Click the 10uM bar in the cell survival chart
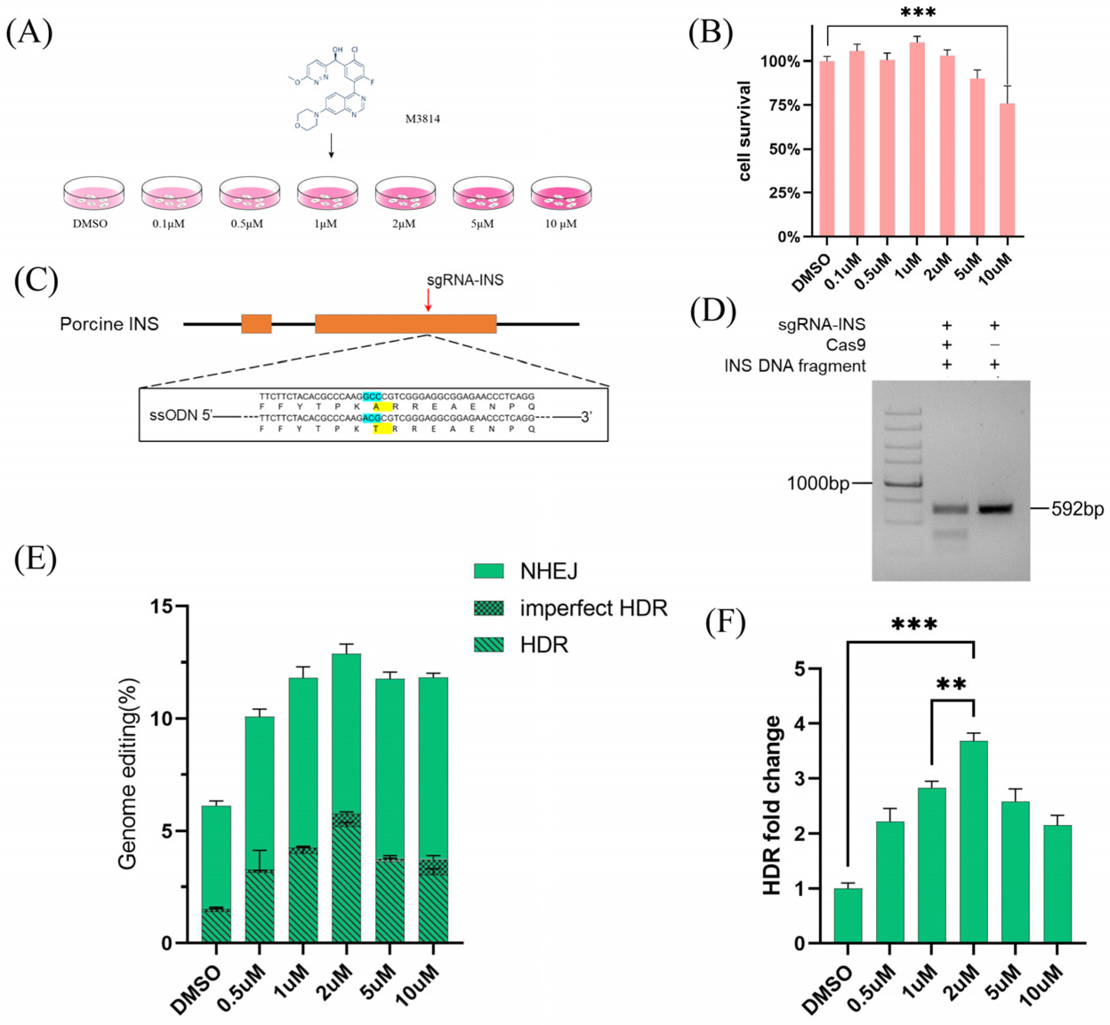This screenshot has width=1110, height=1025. (x=1007, y=170)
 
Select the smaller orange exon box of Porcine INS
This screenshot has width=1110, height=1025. (x=256, y=324)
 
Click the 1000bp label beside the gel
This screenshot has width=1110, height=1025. (x=818, y=484)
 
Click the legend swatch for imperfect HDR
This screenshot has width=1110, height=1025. (x=488, y=609)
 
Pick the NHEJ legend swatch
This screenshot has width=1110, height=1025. (x=488, y=571)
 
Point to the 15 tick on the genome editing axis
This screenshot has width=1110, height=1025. (x=169, y=606)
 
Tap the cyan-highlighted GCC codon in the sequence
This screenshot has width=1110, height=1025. (x=372, y=396)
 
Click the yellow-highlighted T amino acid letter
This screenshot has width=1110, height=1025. (x=376, y=429)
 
